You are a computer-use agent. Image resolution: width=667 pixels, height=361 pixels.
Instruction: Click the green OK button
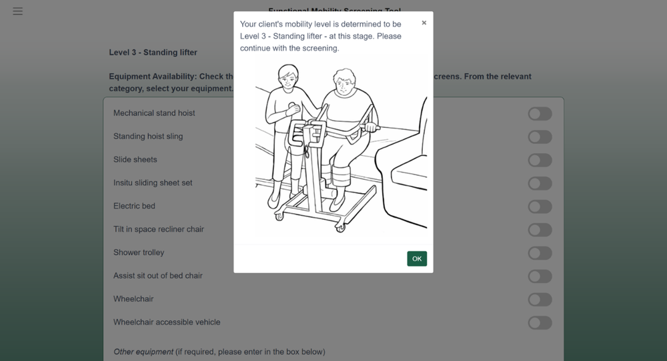[417, 258]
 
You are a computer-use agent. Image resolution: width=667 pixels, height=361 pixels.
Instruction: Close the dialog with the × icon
[424, 23]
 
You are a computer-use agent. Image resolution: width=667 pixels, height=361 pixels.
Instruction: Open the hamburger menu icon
[18, 11]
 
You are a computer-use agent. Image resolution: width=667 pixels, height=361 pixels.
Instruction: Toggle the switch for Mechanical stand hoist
[540, 114]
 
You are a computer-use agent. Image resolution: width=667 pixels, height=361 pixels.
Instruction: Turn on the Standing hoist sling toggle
[540, 137]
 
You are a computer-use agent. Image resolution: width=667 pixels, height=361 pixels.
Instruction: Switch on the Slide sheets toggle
[540, 161]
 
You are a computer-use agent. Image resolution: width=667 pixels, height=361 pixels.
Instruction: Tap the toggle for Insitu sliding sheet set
[540, 184]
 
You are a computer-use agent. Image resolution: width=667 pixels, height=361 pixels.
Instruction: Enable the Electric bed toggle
[540, 206]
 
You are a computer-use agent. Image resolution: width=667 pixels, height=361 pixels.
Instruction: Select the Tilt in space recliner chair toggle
[540, 230]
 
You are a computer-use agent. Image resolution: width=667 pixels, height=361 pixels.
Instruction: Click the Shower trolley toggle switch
[540, 253]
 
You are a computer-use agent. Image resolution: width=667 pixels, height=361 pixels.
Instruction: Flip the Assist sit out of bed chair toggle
[540, 276]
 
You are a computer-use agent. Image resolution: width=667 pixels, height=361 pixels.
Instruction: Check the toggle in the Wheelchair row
[540, 300]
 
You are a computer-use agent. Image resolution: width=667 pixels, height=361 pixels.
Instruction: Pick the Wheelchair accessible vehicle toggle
[540, 323]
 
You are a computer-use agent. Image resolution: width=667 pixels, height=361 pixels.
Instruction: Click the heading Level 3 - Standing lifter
[153, 53]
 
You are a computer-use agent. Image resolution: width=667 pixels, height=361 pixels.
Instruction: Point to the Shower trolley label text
[138, 252]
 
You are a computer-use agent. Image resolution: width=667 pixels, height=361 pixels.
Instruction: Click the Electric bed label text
[134, 206]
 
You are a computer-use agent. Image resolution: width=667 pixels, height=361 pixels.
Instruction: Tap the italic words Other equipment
[143, 352]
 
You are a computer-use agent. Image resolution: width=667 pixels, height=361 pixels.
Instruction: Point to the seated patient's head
[344, 83]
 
